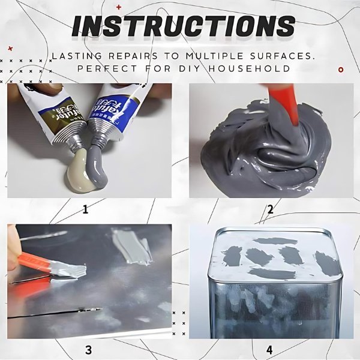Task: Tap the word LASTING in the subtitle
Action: (76, 56)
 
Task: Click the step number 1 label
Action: (85, 209)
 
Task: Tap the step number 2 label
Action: (270, 209)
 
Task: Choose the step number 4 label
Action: (269, 349)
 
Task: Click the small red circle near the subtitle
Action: (341, 70)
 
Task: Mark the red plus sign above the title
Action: (118, 7)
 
